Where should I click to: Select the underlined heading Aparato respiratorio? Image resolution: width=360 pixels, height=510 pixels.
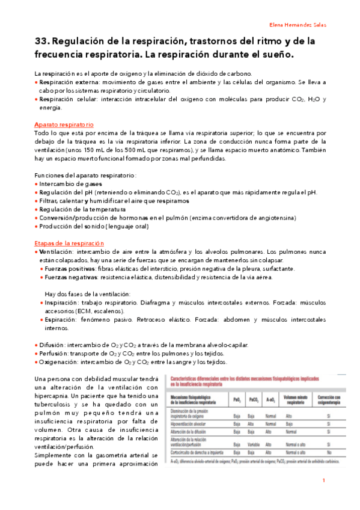pos(64,124)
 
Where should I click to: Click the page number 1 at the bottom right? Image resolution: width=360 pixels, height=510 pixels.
pos(323,481)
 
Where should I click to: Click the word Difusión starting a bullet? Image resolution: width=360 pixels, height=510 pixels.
pos(53,345)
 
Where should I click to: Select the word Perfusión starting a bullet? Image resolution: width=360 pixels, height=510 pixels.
pos(55,354)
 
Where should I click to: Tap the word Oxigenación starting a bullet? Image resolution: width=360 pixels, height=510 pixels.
pos(59,363)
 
